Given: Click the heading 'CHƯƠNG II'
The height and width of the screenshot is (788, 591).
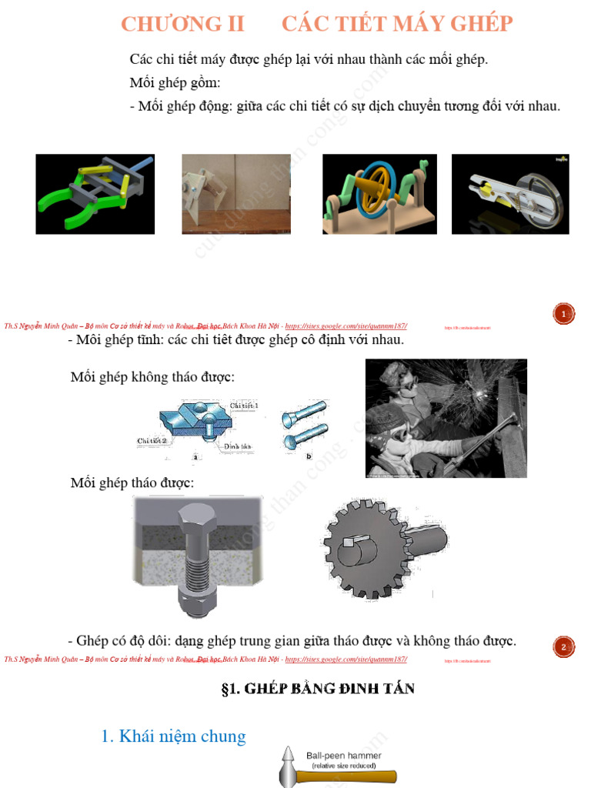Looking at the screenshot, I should click(182, 24).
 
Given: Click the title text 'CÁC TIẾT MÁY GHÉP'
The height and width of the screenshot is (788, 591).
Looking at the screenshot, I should click(396, 24).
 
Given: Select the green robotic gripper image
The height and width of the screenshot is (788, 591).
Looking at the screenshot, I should click(95, 194).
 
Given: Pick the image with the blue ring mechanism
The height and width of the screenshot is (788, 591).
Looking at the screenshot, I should click(379, 194).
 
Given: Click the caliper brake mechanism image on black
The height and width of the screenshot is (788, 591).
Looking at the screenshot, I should click(509, 194).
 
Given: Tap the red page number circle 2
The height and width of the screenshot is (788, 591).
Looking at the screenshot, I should click(563, 647).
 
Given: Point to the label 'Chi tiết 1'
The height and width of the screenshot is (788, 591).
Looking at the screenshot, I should click(244, 406).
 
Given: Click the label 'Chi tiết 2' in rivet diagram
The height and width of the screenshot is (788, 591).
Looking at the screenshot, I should click(152, 440).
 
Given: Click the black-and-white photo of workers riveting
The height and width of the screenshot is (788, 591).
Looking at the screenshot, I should click(446, 418).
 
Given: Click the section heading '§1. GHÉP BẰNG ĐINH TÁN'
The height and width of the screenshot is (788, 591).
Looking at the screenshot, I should click(317, 689).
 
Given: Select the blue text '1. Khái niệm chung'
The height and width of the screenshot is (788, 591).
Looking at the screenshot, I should click(173, 736).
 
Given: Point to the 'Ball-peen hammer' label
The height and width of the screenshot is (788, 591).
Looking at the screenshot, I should click(343, 756).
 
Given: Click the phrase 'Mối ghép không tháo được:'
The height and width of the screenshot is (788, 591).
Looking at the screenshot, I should click(152, 377).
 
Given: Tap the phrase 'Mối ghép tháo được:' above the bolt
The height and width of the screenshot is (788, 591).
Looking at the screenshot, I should click(132, 483).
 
